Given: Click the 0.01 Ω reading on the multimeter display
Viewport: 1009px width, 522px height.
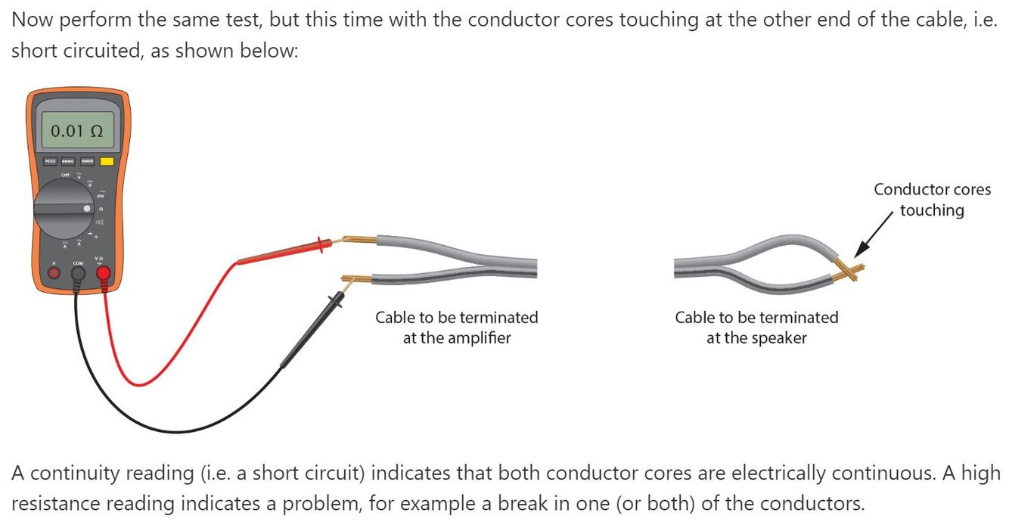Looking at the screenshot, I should [x=76, y=131].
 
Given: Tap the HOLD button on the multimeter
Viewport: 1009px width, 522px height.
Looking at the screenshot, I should [x=51, y=161].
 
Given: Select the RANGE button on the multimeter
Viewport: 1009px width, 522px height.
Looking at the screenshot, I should [x=87, y=161].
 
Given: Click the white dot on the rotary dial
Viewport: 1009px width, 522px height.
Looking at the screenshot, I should [x=88, y=207].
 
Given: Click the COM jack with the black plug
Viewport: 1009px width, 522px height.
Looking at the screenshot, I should [x=78, y=273].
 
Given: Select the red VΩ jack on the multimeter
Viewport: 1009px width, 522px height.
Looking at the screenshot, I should [x=103, y=273].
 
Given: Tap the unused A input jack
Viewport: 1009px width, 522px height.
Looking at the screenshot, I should [x=53, y=273].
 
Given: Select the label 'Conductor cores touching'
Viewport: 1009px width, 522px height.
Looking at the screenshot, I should [x=932, y=200].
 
